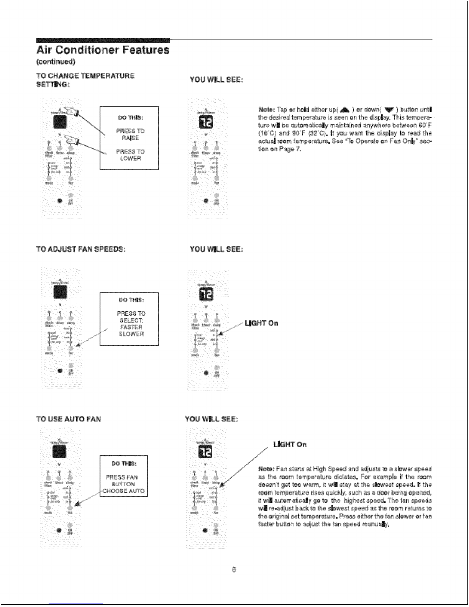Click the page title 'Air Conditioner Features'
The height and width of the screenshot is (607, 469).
pos(102,50)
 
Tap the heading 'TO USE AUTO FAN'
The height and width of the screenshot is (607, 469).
pos(69,419)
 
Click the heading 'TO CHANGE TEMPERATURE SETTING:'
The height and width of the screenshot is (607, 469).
pos(85,79)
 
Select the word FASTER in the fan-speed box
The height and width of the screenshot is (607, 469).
pos(131,327)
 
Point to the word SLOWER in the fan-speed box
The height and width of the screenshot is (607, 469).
pos(131,334)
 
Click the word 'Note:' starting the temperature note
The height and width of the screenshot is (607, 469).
pos(266,108)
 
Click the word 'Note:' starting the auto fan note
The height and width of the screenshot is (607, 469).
pos(266,469)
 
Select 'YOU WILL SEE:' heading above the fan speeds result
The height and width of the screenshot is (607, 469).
pos(217,249)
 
